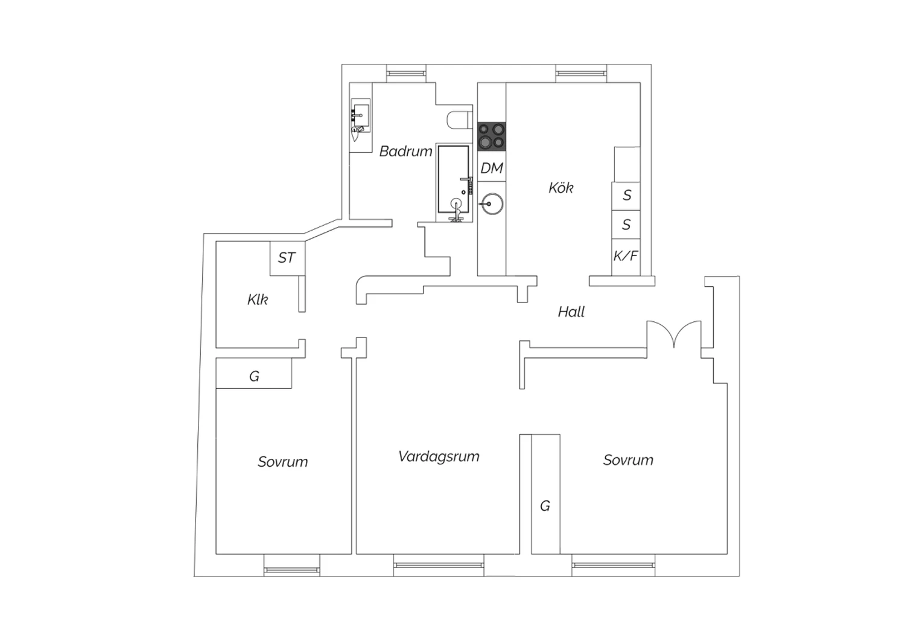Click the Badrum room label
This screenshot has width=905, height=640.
click(405, 151)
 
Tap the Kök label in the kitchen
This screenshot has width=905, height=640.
click(560, 188)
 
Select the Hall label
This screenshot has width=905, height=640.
click(571, 312)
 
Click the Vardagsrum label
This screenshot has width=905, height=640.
click(439, 456)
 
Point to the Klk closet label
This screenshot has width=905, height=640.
click(258, 299)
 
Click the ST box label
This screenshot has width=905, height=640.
click(287, 258)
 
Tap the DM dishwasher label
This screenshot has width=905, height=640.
click(492, 168)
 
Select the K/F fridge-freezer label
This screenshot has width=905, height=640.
click(626, 256)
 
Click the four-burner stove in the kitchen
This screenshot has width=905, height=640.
click(491, 136)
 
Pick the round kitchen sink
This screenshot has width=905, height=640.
click(491, 203)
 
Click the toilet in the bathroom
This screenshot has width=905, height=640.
click(460, 120)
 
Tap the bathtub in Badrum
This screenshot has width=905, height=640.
click(454, 182)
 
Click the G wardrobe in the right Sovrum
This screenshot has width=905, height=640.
click(545, 494)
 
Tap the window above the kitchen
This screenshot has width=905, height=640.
click(581, 73)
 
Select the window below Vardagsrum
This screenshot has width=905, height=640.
click(439, 565)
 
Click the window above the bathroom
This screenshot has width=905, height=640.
click(406, 73)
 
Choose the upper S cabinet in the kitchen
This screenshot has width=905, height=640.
click(626, 196)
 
